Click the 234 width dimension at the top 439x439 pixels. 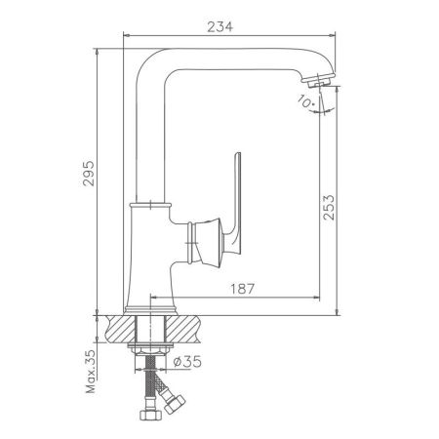click(x=220, y=26)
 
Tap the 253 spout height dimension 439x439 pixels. click(x=329, y=208)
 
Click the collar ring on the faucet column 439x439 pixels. click(x=150, y=204)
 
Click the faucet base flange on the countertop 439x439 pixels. click(x=150, y=307)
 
